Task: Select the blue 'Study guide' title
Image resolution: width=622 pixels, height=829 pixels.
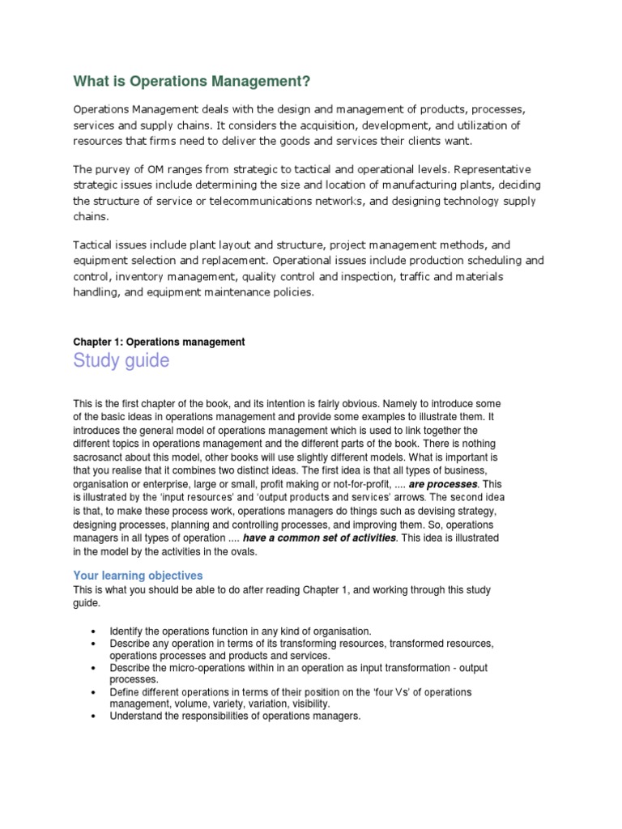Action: [121, 360]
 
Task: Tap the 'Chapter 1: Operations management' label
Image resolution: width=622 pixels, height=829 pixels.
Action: [159, 342]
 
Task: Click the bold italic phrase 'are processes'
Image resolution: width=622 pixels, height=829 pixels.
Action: [442, 484]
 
